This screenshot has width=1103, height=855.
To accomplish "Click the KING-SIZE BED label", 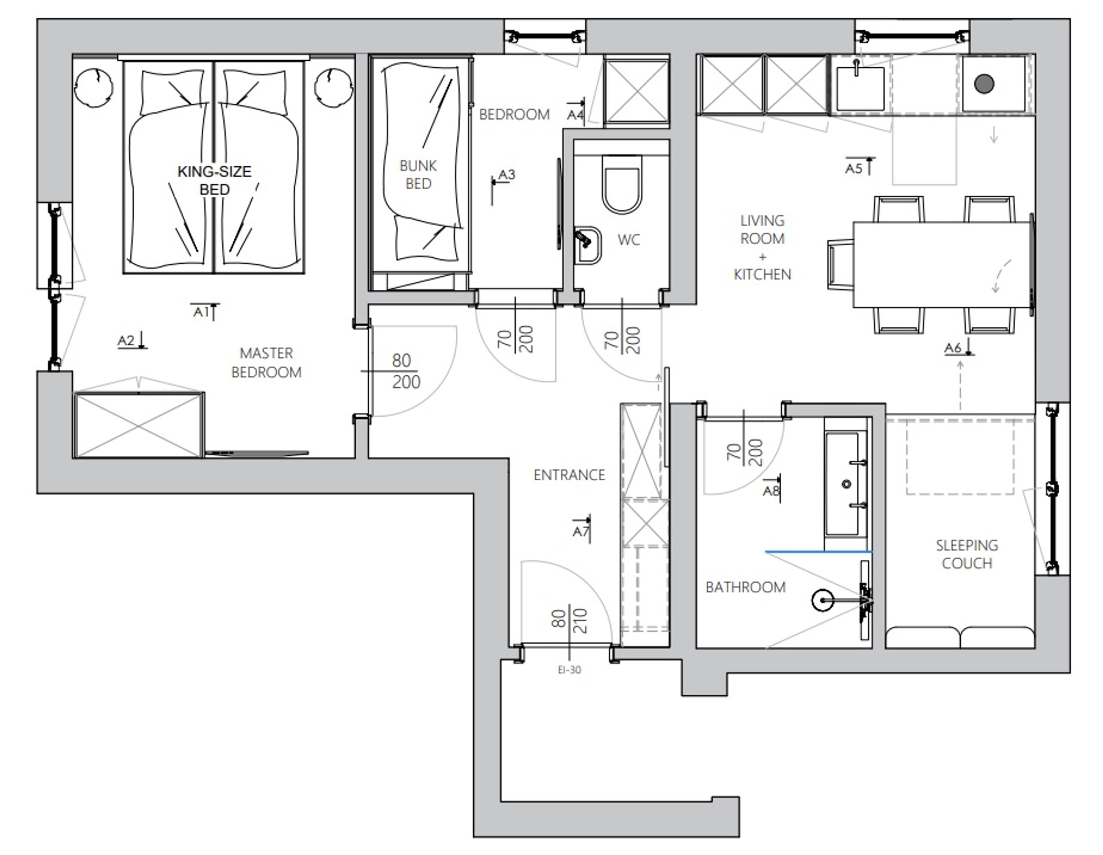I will pos(214,180).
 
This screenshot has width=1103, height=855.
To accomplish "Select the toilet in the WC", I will pos(622,184).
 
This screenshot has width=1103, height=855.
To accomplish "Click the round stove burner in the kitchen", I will pos(984,84).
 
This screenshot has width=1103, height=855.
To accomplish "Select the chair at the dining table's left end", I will pos(840,265).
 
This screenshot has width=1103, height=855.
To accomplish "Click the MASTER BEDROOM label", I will pos(266,363).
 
